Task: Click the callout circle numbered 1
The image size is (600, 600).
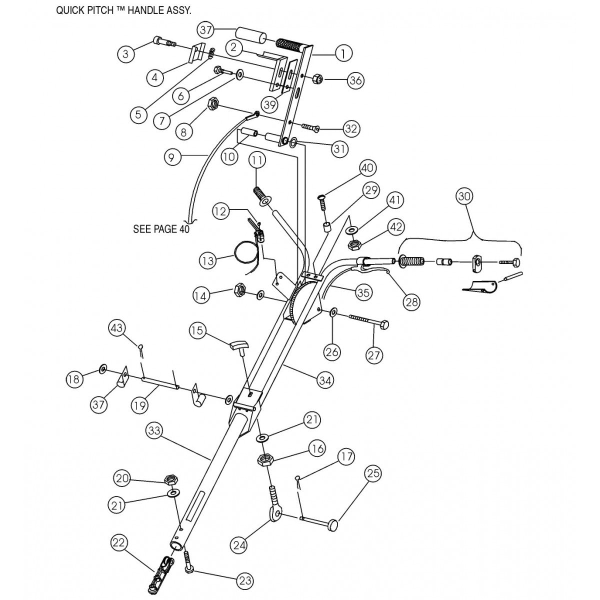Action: (343, 53)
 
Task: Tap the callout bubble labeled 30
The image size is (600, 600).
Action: (464, 197)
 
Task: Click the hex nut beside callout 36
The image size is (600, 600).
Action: (318, 79)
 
